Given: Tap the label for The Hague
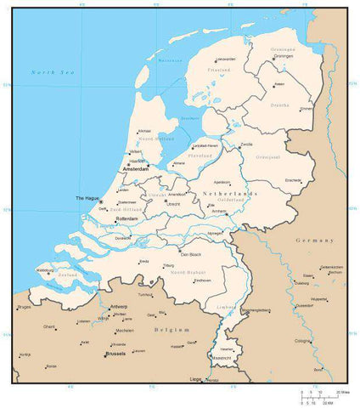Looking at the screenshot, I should (87, 198).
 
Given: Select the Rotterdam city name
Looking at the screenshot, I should (127, 218).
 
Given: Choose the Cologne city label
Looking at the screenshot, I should (303, 341).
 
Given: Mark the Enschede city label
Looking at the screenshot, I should (294, 181).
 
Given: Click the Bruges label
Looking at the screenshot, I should (23, 307).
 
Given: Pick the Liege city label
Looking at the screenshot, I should (195, 378).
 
